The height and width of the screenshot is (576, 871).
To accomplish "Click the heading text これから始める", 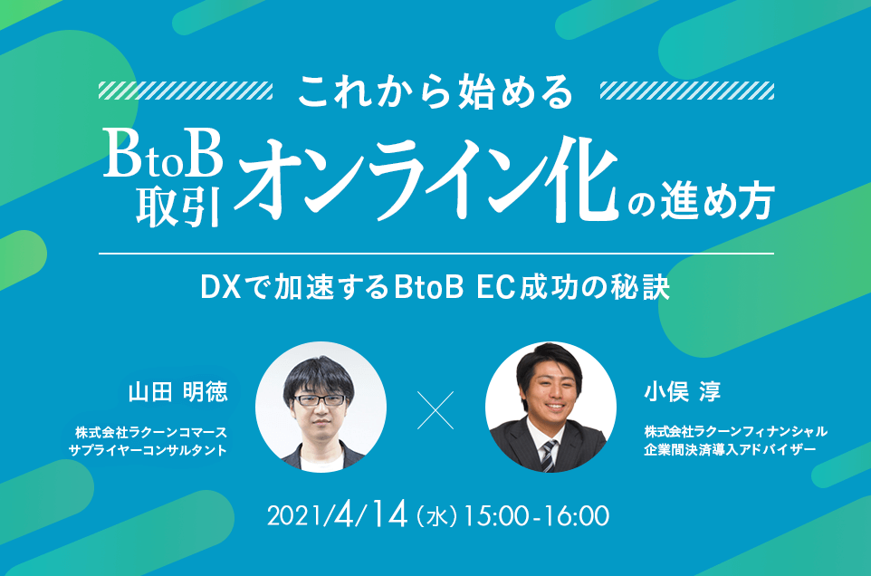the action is (435, 91).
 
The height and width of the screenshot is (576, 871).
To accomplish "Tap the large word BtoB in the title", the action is (163, 154).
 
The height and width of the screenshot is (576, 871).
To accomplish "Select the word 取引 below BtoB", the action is (178, 206).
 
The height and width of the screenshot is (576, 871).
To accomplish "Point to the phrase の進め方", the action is (701, 200).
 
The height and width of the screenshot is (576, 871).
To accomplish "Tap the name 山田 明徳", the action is (177, 391).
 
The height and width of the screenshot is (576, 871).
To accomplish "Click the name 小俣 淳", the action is (682, 391).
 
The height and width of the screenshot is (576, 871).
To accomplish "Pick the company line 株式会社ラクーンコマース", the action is (151, 432).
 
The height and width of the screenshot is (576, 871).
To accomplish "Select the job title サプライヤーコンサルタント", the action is (148, 449).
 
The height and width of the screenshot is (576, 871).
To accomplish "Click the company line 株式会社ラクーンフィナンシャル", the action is (736, 431).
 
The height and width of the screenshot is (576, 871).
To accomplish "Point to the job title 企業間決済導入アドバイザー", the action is (730, 449).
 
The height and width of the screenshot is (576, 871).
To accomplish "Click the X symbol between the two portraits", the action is (435, 410).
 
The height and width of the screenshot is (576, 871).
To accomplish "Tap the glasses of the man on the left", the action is (319, 400).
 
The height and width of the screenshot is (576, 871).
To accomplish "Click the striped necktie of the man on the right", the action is (549, 455).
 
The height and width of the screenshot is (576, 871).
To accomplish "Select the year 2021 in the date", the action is (295, 516).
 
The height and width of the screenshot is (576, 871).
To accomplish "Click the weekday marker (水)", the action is (437, 516).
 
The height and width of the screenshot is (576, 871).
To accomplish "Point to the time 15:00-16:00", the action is (536, 516).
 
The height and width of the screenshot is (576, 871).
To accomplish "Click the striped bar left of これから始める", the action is (186, 91).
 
